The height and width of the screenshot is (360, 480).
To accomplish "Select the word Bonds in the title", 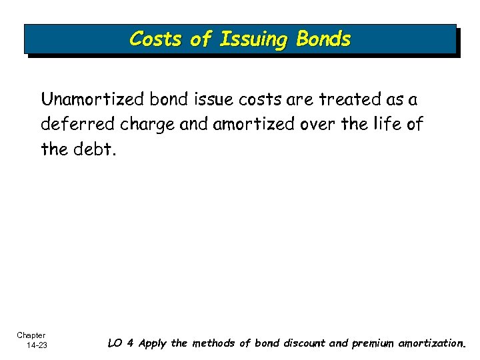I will click(323, 39).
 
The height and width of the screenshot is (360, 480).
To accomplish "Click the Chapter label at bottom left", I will click(31, 335).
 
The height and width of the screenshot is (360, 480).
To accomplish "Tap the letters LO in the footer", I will click(115, 343).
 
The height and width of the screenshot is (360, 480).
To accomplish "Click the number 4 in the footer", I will click(131, 343).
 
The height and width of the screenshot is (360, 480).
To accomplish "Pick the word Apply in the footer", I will click(151, 344).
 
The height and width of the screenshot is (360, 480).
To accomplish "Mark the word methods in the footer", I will click(214, 343).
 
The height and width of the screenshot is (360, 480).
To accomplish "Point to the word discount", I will click(301, 343).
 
